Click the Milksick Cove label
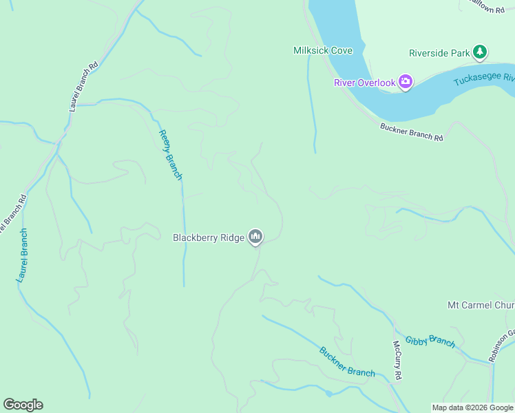(x=323, y=51)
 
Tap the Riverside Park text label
(x=439, y=52)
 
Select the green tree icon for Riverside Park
(x=479, y=52)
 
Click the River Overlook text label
(x=364, y=83)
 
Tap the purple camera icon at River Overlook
(x=406, y=83)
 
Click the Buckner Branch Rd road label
(x=411, y=131)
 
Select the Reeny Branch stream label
(x=170, y=155)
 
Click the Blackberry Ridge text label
(x=208, y=237)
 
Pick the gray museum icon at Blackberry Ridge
(x=255, y=237)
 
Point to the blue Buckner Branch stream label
(x=347, y=361)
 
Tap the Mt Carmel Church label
(x=481, y=305)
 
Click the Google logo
(x=23, y=405)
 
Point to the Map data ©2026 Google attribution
(x=472, y=407)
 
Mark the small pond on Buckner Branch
(x=329, y=394)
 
